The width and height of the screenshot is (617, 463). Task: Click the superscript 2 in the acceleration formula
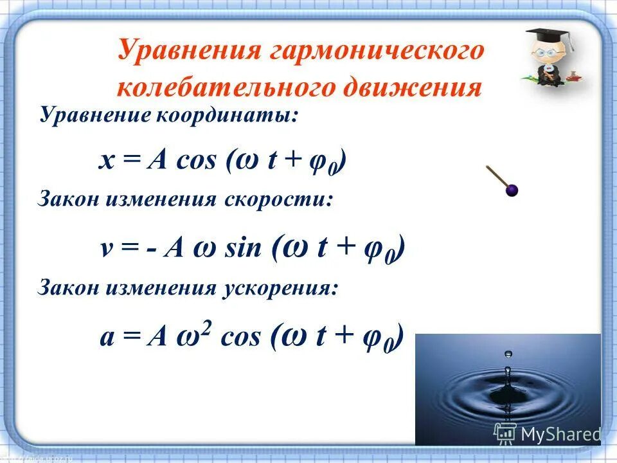coord(208,327)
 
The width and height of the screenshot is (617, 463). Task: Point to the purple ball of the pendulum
coord(512,190)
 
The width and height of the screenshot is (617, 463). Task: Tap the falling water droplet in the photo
coord(508,354)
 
